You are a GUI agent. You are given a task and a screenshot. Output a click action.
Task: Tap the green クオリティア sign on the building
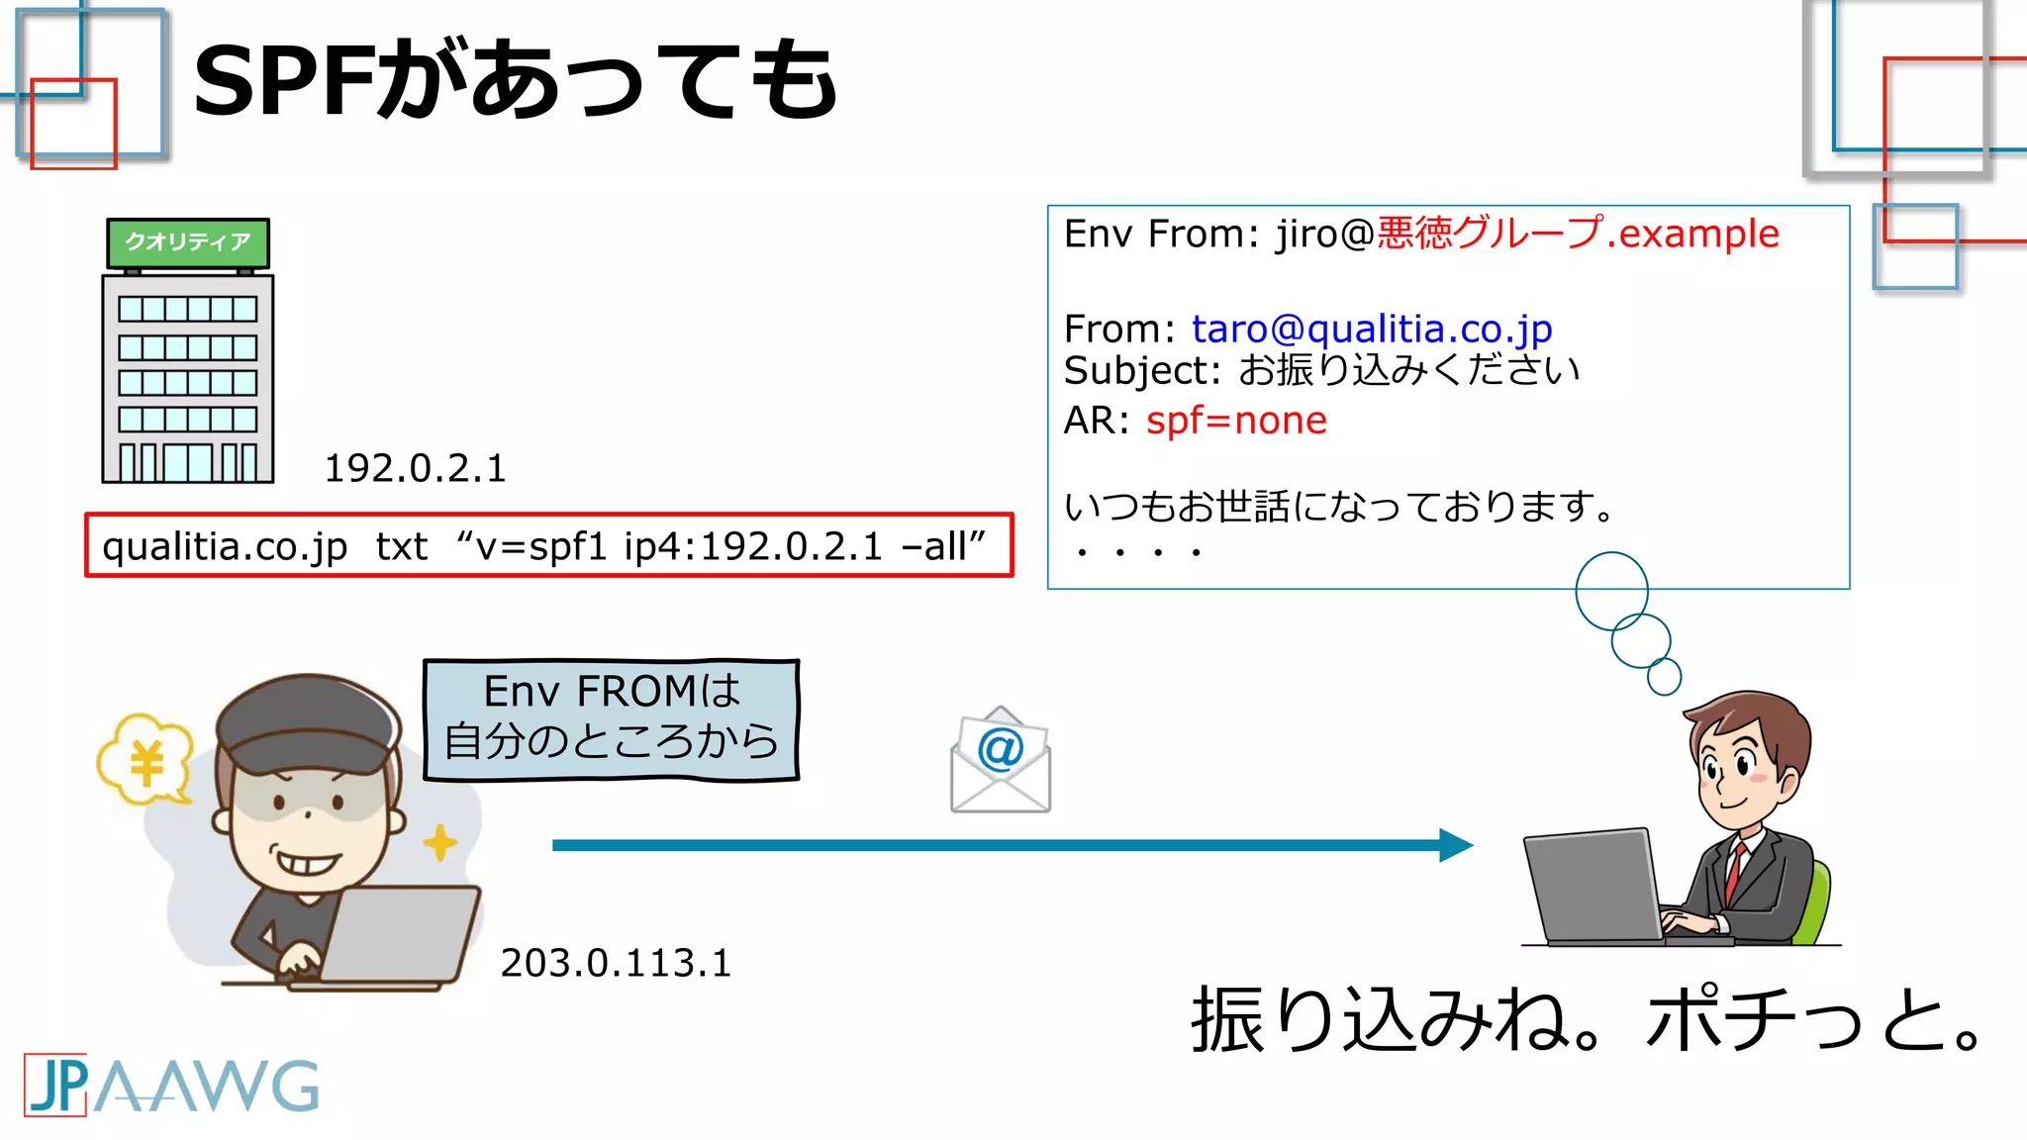click(188, 242)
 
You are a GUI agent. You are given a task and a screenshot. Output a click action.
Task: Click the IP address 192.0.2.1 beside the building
click(415, 468)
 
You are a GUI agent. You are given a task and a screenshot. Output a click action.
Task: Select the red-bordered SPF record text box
click(549, 545)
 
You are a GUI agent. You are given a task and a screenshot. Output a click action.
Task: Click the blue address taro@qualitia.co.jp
click(1371, 329)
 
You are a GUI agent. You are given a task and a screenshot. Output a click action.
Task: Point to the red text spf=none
click(1235, 421)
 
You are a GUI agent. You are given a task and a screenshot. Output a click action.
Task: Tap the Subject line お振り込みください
click(1407, 370)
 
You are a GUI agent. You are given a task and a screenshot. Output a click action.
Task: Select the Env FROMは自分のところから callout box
click(611, 719)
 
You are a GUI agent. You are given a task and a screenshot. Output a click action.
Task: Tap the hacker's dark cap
click(307, 722)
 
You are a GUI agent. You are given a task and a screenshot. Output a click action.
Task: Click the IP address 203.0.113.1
click(615, 963)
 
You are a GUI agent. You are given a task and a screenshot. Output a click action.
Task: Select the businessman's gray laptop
click(1593, 886)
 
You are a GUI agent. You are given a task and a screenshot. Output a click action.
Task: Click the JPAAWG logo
click(171, 1086)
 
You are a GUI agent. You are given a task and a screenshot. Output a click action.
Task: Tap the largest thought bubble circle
click(1611, 591)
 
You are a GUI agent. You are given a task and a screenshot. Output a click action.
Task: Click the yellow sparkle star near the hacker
click(439, 843)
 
